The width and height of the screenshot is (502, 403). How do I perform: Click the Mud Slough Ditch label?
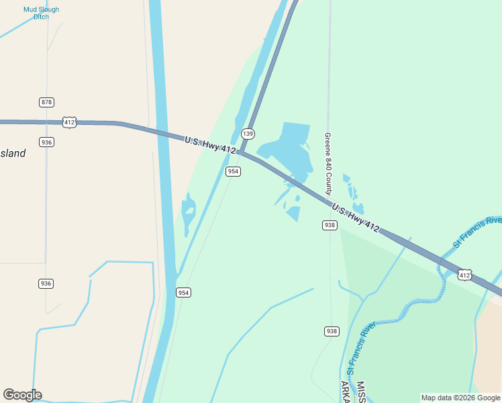(41, 13)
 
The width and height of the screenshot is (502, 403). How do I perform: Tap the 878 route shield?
(46, 102)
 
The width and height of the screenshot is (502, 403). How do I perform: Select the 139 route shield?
(248, 133)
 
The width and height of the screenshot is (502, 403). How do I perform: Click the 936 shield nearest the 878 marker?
(46, 142)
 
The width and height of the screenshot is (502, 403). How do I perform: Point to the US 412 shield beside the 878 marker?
(69, 122)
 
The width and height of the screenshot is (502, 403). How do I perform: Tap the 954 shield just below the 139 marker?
(233, 171)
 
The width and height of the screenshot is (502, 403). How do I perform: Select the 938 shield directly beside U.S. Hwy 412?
(329, 225)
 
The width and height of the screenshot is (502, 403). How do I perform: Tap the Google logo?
(22, 395)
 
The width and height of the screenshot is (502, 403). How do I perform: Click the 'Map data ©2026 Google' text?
(460, 398)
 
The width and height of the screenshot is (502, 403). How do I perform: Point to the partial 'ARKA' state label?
(345, 392)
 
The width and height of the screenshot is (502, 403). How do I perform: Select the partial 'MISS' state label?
(360, 392)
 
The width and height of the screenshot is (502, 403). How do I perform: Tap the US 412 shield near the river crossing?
(465, 275)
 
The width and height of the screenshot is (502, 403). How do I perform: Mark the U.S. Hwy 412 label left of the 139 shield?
(210, 144)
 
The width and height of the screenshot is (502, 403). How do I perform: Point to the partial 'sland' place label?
(13, 153)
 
